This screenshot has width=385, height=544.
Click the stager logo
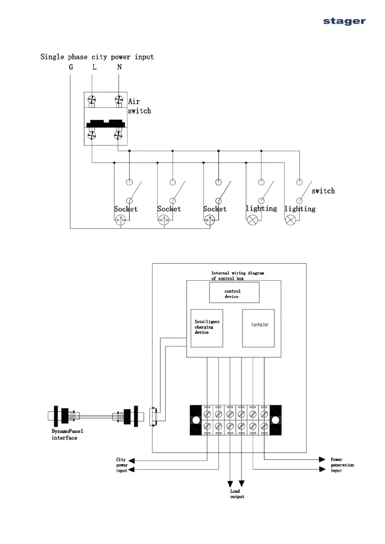click(x=344, y=21)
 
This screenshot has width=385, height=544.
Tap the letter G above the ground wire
click(x=71, y=67)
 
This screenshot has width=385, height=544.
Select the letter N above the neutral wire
click(x=119, y=67)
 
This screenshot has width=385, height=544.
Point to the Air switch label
click(x=139, y=106)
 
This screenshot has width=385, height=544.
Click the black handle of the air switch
click(x=105, y=124)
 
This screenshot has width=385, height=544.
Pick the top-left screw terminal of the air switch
click(x=92, y=100)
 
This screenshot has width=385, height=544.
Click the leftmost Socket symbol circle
click(x=121, y=220)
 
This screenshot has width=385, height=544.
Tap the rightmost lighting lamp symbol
click(x=290, y=220)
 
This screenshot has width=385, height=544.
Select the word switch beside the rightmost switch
click(x=323, y=191)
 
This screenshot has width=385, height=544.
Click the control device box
click(x=234, y=292)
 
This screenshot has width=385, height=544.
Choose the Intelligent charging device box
click(x=207, y=328)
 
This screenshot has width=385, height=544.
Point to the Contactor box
click(x=258, y=328)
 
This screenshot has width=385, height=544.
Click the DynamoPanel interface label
click(x=67, y=434)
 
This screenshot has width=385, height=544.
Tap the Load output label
click(x=237, y=494)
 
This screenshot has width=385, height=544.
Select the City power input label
click(x=122, y=465)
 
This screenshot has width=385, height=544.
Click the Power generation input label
click(x=342, y=465)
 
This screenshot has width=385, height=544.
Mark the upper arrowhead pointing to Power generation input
click(x=322, y=459)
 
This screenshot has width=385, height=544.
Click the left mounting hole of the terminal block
click(x=196, y=420)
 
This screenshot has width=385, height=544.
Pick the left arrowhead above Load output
click(x=230, y=484)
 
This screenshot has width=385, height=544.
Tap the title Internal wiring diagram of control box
click(x=237, y=276)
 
